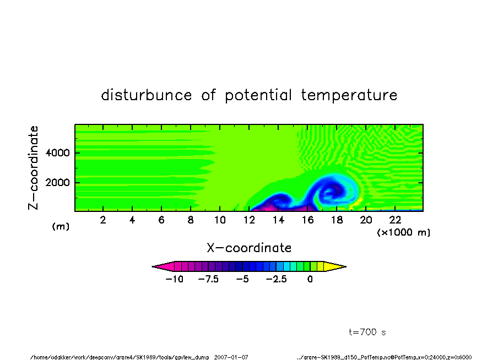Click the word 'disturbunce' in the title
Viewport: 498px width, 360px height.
[147, 95]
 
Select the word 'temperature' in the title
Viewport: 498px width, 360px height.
[349, 95]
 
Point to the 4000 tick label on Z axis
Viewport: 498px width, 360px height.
[57, 153]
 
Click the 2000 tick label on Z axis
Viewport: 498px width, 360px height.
[57, 183]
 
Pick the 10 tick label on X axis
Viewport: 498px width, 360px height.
[220, 220]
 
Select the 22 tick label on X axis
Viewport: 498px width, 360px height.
[395, 220]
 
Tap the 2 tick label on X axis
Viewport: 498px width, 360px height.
[103, 220]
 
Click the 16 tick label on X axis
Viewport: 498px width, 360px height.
[307, 220]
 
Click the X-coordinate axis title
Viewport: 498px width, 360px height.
[249, 248]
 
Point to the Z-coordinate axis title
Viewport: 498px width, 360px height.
[34, 168]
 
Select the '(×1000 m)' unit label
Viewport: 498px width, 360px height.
[403, 232]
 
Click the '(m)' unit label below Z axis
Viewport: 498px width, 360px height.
[61, 226]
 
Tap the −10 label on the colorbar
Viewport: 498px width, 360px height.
[175, 279]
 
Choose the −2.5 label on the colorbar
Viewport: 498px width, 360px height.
[277, 279]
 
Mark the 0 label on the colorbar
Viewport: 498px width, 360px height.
[310, 279]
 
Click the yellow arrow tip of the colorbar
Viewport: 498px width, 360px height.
[346, 266]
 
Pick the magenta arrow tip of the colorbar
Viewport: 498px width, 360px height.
[153, 266]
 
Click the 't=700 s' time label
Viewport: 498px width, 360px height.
[367, 332]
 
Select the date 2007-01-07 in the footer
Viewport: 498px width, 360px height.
[231, 357]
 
